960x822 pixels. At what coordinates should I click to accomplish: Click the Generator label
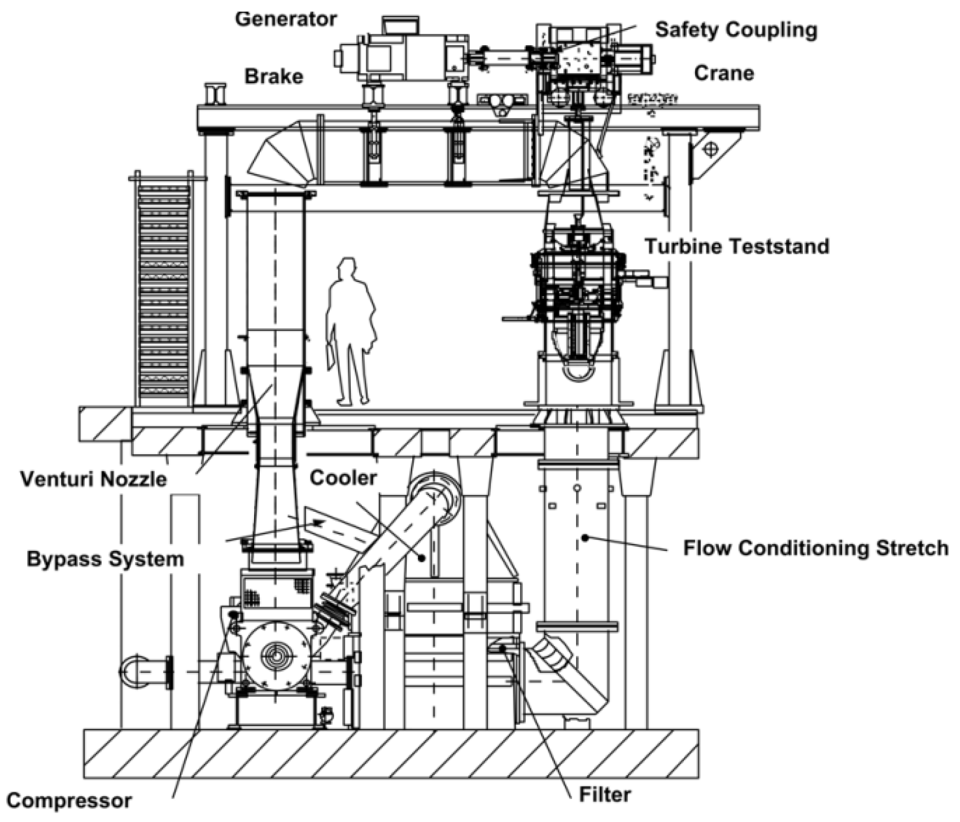286,19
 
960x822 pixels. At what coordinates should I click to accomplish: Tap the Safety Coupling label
736,29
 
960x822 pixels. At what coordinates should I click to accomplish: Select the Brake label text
274,76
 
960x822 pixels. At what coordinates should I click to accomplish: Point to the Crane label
724,73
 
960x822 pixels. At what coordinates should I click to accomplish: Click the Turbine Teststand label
737,246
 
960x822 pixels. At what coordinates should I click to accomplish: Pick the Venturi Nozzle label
94,479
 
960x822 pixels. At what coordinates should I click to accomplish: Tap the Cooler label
343,478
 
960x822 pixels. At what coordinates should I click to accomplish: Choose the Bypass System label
106,559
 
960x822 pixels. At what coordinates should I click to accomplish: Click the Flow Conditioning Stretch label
815,548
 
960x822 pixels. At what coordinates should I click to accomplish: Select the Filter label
605,795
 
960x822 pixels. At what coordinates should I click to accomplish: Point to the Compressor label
69,800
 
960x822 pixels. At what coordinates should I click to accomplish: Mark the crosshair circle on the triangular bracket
711,149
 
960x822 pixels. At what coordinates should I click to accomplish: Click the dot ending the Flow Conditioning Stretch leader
586,538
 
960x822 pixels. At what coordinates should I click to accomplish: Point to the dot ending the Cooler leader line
421,558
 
